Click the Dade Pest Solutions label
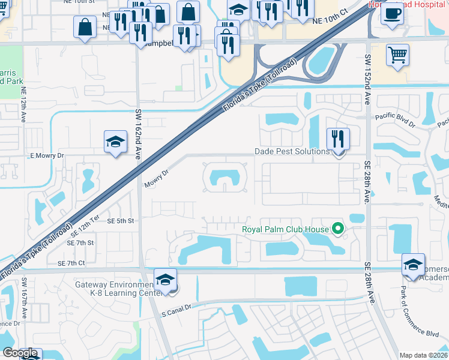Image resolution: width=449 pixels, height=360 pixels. click(x=292, y=152)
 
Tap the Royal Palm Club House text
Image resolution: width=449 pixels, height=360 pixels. click(x=285, y=229)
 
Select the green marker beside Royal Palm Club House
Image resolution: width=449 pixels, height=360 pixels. click(x=337, y=229)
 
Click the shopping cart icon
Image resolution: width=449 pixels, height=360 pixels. click(x=397, y=56)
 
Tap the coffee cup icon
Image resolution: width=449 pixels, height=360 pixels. click(x=392, y=14)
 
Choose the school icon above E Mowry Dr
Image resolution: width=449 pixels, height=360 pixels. click(x=115, y=142)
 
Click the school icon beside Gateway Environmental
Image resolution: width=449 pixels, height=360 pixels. click(x=166, y=280)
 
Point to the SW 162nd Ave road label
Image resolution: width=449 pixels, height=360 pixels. click(x=138, y=134)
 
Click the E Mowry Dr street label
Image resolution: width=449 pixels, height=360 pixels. click(x=47, y=155)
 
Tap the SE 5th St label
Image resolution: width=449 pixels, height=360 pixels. click(x=120, y=221)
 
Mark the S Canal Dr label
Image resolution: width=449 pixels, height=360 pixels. click(x=176, y=306)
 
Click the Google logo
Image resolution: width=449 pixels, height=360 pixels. click(x=20, y=353)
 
